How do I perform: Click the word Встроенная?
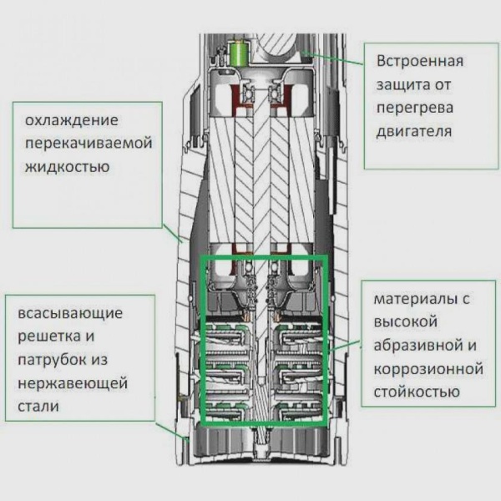(x=419, y=62)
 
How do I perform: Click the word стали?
(x=35, y=407)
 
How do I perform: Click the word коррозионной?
(x=429, y=368)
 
